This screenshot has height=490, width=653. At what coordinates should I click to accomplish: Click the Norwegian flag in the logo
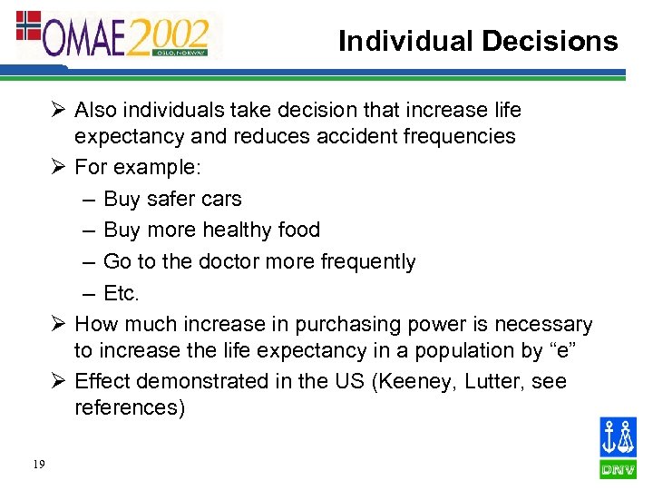(29, 25)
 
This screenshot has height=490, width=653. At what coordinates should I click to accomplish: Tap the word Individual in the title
(405, 41)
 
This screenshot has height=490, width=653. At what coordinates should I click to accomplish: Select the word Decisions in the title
(550, 41)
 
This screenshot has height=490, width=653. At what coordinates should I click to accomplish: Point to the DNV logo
(618, 446)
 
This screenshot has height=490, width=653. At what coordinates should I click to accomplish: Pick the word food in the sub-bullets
(297, 230)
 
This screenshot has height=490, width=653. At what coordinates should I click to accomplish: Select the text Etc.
(122, 293)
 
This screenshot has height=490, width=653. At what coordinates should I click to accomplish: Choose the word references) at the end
(130, 408)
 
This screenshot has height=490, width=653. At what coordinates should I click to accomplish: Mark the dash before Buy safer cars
(90, 199)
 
